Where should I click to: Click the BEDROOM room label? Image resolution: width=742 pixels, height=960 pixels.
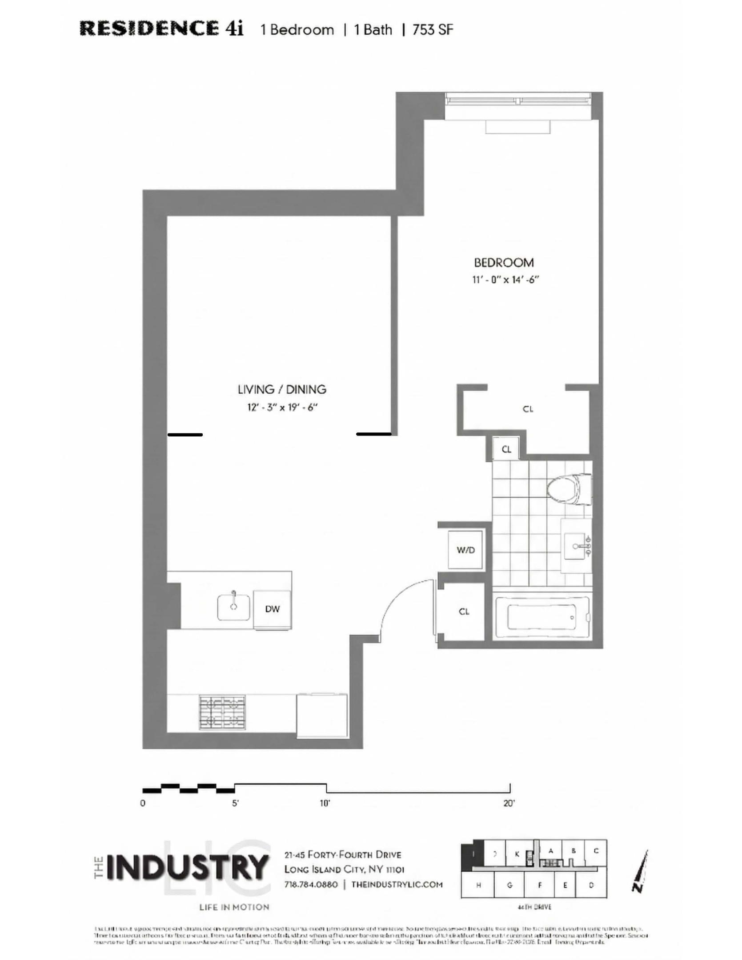(503, 262)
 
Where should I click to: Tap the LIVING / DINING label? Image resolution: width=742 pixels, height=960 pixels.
(282, 389)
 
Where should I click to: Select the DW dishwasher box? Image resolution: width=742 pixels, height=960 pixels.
(272, 609)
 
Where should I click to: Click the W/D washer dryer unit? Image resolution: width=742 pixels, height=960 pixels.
(465, 550)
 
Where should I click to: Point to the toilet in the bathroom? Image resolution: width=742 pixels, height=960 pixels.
(568, 489)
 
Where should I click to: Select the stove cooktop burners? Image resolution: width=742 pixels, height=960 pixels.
(222, 712)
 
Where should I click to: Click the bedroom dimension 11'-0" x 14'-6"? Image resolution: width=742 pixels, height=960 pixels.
(505, 280)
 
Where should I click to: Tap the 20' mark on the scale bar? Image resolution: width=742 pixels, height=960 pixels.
(509, 803)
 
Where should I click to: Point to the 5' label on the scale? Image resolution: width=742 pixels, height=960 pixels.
(235, 803)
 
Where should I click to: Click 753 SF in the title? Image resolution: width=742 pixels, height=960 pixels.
(432, 30)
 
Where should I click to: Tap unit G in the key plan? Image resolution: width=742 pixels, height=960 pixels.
(509, 885)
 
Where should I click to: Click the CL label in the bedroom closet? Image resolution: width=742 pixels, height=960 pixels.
(527, 409)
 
